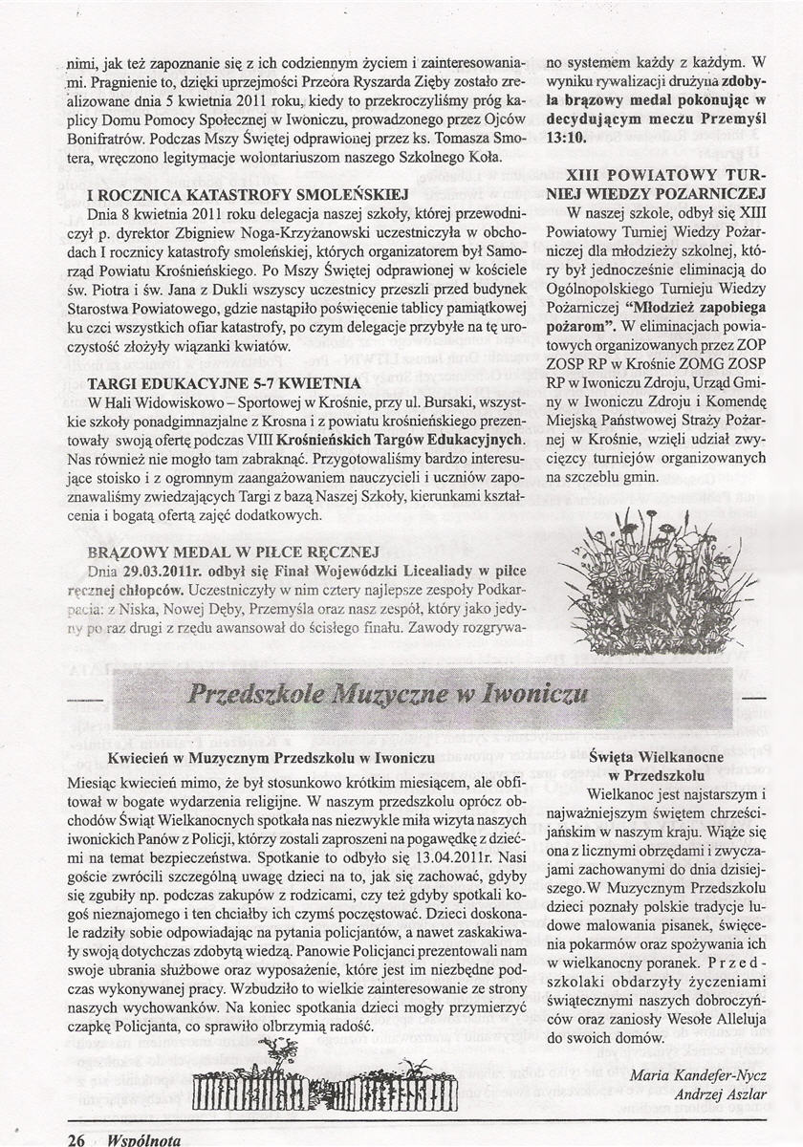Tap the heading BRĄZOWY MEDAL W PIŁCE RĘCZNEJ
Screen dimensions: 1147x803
point(234,552)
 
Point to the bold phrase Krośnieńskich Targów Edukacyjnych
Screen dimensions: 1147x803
point(399,440)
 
